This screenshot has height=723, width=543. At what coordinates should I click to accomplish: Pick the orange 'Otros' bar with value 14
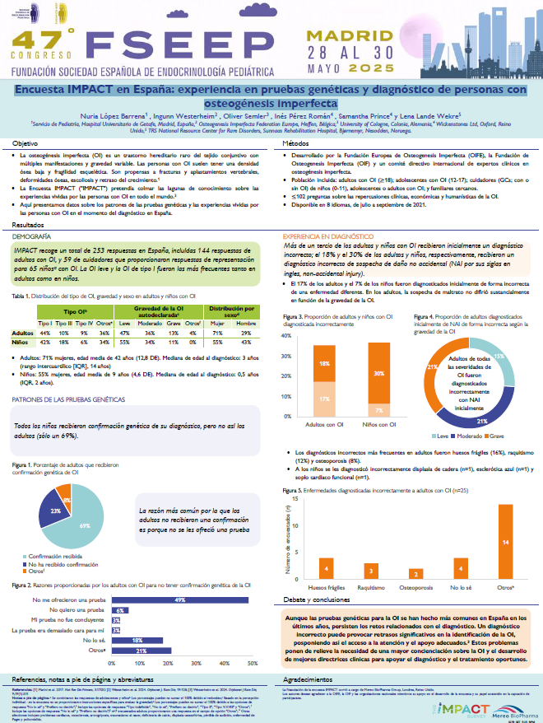coord(507,541)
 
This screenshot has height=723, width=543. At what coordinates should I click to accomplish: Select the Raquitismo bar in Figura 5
coord(371,570)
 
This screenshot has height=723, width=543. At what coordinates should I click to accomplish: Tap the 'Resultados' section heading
coord(29,224)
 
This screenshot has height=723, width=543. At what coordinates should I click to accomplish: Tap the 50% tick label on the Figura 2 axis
coord(249,662)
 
